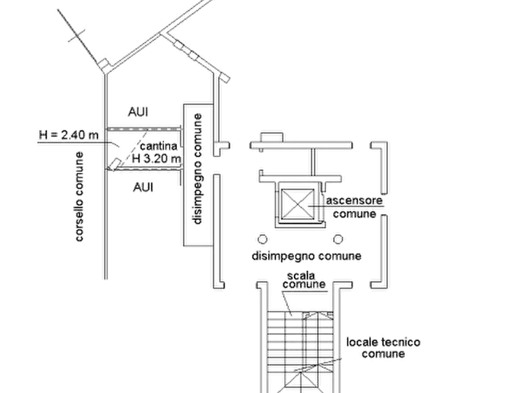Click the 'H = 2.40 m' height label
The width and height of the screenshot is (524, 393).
pos(69,135)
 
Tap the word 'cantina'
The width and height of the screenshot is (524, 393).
pos(158,146)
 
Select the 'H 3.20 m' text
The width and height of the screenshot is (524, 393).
pos(157,158)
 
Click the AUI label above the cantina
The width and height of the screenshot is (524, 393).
pos(138,111)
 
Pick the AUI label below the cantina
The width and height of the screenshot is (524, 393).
pos(143,187)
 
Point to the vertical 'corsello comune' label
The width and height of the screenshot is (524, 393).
pos(79,196)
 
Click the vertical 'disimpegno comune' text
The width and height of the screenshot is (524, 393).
pos(198,169)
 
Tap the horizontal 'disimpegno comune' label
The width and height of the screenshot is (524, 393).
pos(306,256)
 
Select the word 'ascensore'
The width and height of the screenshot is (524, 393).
pos(354,201)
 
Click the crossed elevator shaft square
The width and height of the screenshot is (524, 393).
pos(298,204)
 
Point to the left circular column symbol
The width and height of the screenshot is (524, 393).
pos(263,239)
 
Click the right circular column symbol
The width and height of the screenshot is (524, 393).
pos(338,239)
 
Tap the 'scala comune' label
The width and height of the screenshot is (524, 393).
pos(304,280)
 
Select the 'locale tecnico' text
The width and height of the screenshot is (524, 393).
pos(383,342)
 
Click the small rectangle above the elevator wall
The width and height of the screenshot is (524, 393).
pos(272,137)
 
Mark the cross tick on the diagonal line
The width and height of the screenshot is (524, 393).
pos(76,36)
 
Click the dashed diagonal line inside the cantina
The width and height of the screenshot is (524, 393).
pos(131,150)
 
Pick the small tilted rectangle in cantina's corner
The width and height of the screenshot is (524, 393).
pos(114,164)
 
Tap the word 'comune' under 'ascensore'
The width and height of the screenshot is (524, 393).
pos(354,214)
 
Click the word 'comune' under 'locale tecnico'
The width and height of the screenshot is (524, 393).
pos(383,354)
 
